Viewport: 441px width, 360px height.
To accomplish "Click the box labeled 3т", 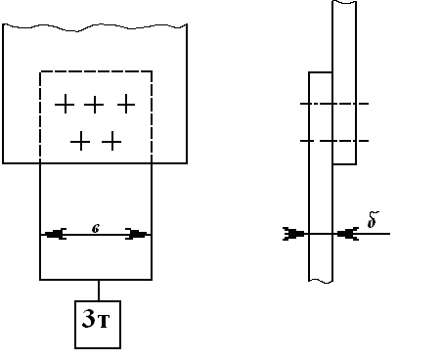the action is tap(98, 325).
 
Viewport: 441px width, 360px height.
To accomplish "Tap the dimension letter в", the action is tap(96, 229).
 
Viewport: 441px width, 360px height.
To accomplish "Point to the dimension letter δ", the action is tap(373, 220).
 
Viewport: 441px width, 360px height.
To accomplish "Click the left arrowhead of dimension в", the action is tap(55, 234).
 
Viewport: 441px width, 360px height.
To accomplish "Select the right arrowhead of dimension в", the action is tap(137, 234).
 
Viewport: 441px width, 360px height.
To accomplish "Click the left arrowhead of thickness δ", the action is tap(293, 234).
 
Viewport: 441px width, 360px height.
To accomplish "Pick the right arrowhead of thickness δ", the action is tap(348, 234).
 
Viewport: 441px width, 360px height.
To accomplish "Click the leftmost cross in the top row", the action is tap(65, 105).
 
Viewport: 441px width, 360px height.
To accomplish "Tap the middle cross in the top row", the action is tap(94, 105).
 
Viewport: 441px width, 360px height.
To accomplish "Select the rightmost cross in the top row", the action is tap(126, 105).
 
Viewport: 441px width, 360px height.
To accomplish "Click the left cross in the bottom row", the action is tap(80, 142).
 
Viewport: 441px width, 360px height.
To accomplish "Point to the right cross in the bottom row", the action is tap(111, 142).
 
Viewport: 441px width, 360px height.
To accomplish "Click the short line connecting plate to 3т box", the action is tap(99, 291).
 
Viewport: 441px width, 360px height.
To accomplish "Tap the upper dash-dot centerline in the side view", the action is tap(334, 104).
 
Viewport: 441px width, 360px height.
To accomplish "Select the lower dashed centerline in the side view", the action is tap(334, 141).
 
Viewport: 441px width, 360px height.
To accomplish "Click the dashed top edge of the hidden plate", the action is tap(96, 71).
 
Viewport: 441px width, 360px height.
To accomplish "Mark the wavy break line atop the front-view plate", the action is tap(95, 27).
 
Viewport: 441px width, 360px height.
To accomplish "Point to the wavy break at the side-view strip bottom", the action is tap(321, 280).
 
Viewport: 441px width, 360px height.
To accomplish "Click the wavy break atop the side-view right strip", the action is tap(344, 2).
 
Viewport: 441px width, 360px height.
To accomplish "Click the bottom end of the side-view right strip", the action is tap(344, 164).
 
